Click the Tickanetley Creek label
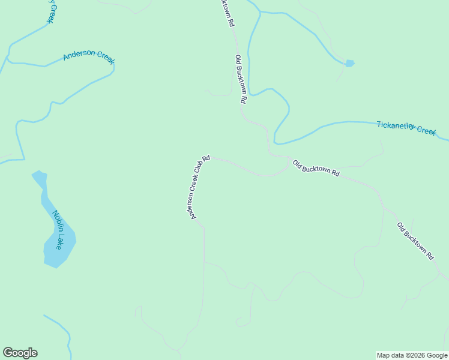[x=406, y=128]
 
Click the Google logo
[x=20, y=353]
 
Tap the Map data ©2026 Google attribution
[x=412, y=355]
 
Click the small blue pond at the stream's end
[x=349, y=63]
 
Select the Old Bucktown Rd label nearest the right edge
[x=415, y=241]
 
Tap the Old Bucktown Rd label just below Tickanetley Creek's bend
[x=316, y=168]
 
